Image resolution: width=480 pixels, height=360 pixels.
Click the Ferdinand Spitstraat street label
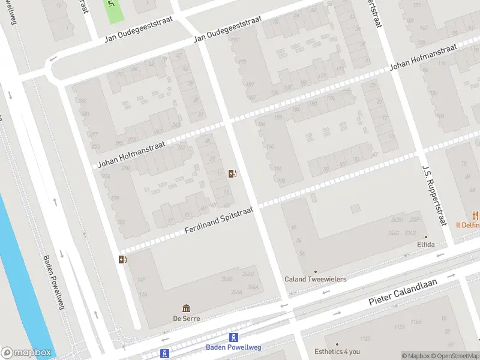219,220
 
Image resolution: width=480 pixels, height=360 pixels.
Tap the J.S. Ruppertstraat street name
434,196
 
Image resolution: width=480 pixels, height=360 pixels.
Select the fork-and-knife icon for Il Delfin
476,215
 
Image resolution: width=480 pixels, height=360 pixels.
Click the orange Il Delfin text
467,226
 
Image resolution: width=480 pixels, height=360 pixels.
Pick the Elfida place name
425,245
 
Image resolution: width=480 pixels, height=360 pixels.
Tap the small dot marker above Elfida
426,236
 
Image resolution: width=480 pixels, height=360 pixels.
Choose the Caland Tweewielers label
315,279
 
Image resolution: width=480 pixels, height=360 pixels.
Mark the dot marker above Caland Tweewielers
315,271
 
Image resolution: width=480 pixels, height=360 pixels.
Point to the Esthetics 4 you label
337,352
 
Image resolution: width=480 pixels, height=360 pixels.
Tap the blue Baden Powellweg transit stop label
233,347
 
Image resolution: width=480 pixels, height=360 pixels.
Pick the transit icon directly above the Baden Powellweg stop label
234,337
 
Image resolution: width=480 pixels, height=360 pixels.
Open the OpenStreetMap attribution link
457,356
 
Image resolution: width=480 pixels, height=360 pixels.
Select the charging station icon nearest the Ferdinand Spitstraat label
232,174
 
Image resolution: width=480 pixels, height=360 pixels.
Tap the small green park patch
112,11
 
